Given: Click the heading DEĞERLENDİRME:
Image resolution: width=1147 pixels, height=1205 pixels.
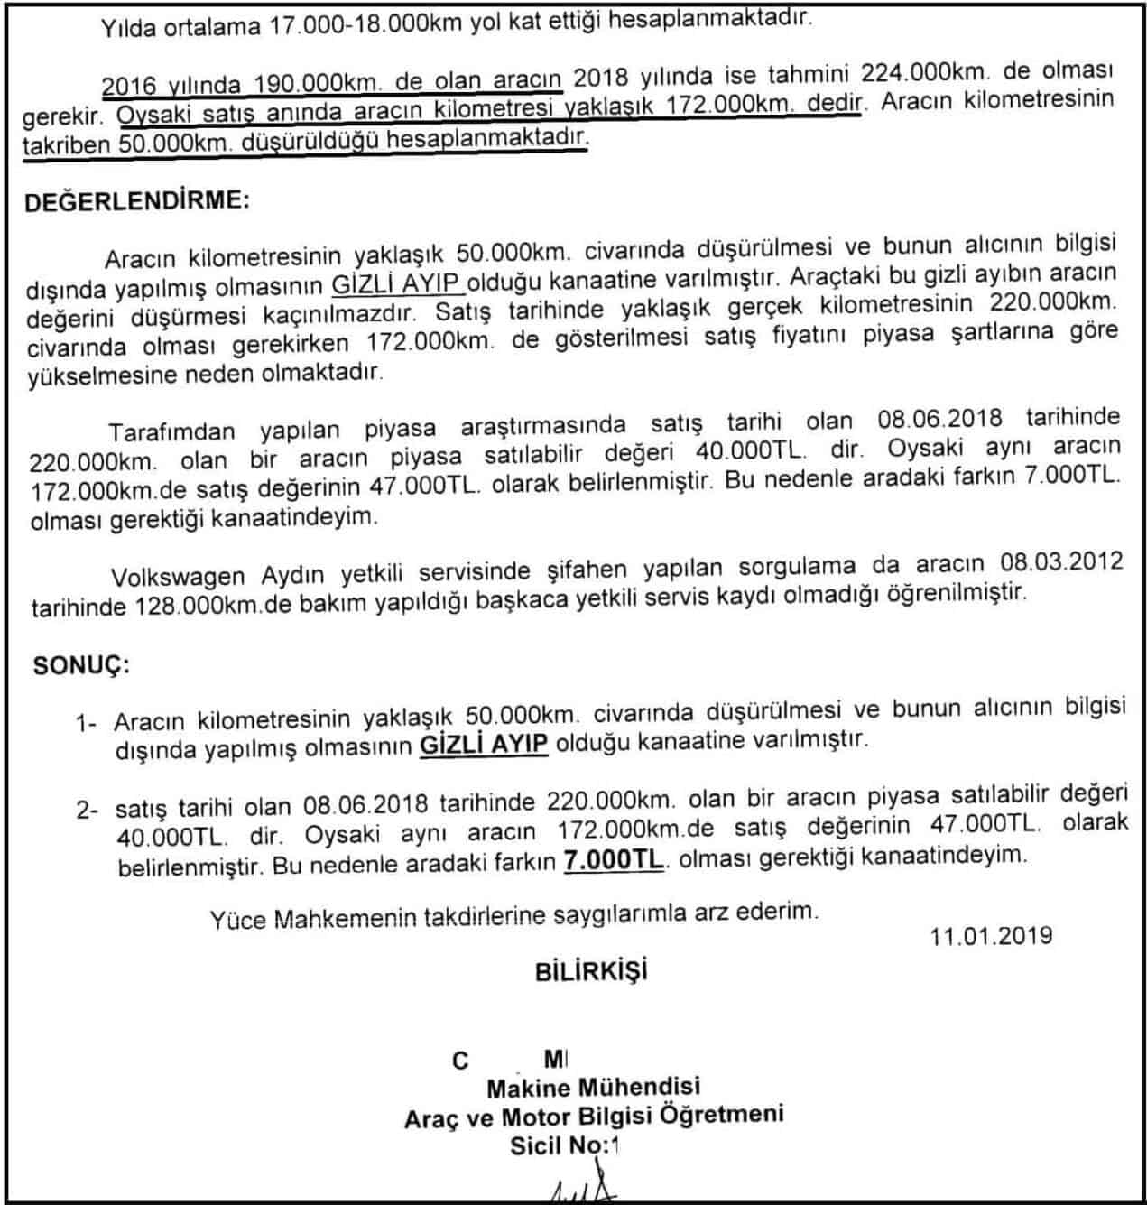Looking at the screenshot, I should click(135, 200).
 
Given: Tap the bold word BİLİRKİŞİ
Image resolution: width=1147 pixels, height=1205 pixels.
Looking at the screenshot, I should click(591, 971).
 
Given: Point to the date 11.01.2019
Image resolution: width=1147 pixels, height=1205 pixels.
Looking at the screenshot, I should click(991, 935).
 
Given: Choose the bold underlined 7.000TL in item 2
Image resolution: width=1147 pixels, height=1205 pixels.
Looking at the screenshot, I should click(614, 860).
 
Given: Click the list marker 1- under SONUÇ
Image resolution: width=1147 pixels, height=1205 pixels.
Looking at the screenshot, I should click(87, 723).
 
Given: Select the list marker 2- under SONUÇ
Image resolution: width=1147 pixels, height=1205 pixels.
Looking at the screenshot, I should click(87, 810).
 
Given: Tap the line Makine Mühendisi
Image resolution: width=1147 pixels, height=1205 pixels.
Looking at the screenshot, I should click(593, 1088).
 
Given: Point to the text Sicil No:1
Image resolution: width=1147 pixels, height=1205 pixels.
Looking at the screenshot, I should click(566, 1145).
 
